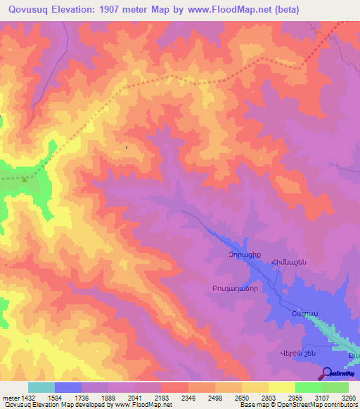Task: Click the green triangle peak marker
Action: [25, 179]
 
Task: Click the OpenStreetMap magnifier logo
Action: [327, 372]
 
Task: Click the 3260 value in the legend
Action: [348, 398]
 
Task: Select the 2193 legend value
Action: [161, 398]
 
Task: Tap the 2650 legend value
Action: [241, 398]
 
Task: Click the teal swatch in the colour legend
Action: [41, 387]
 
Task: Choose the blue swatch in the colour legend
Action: [68, 387]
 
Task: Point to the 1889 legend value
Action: [108, 398]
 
